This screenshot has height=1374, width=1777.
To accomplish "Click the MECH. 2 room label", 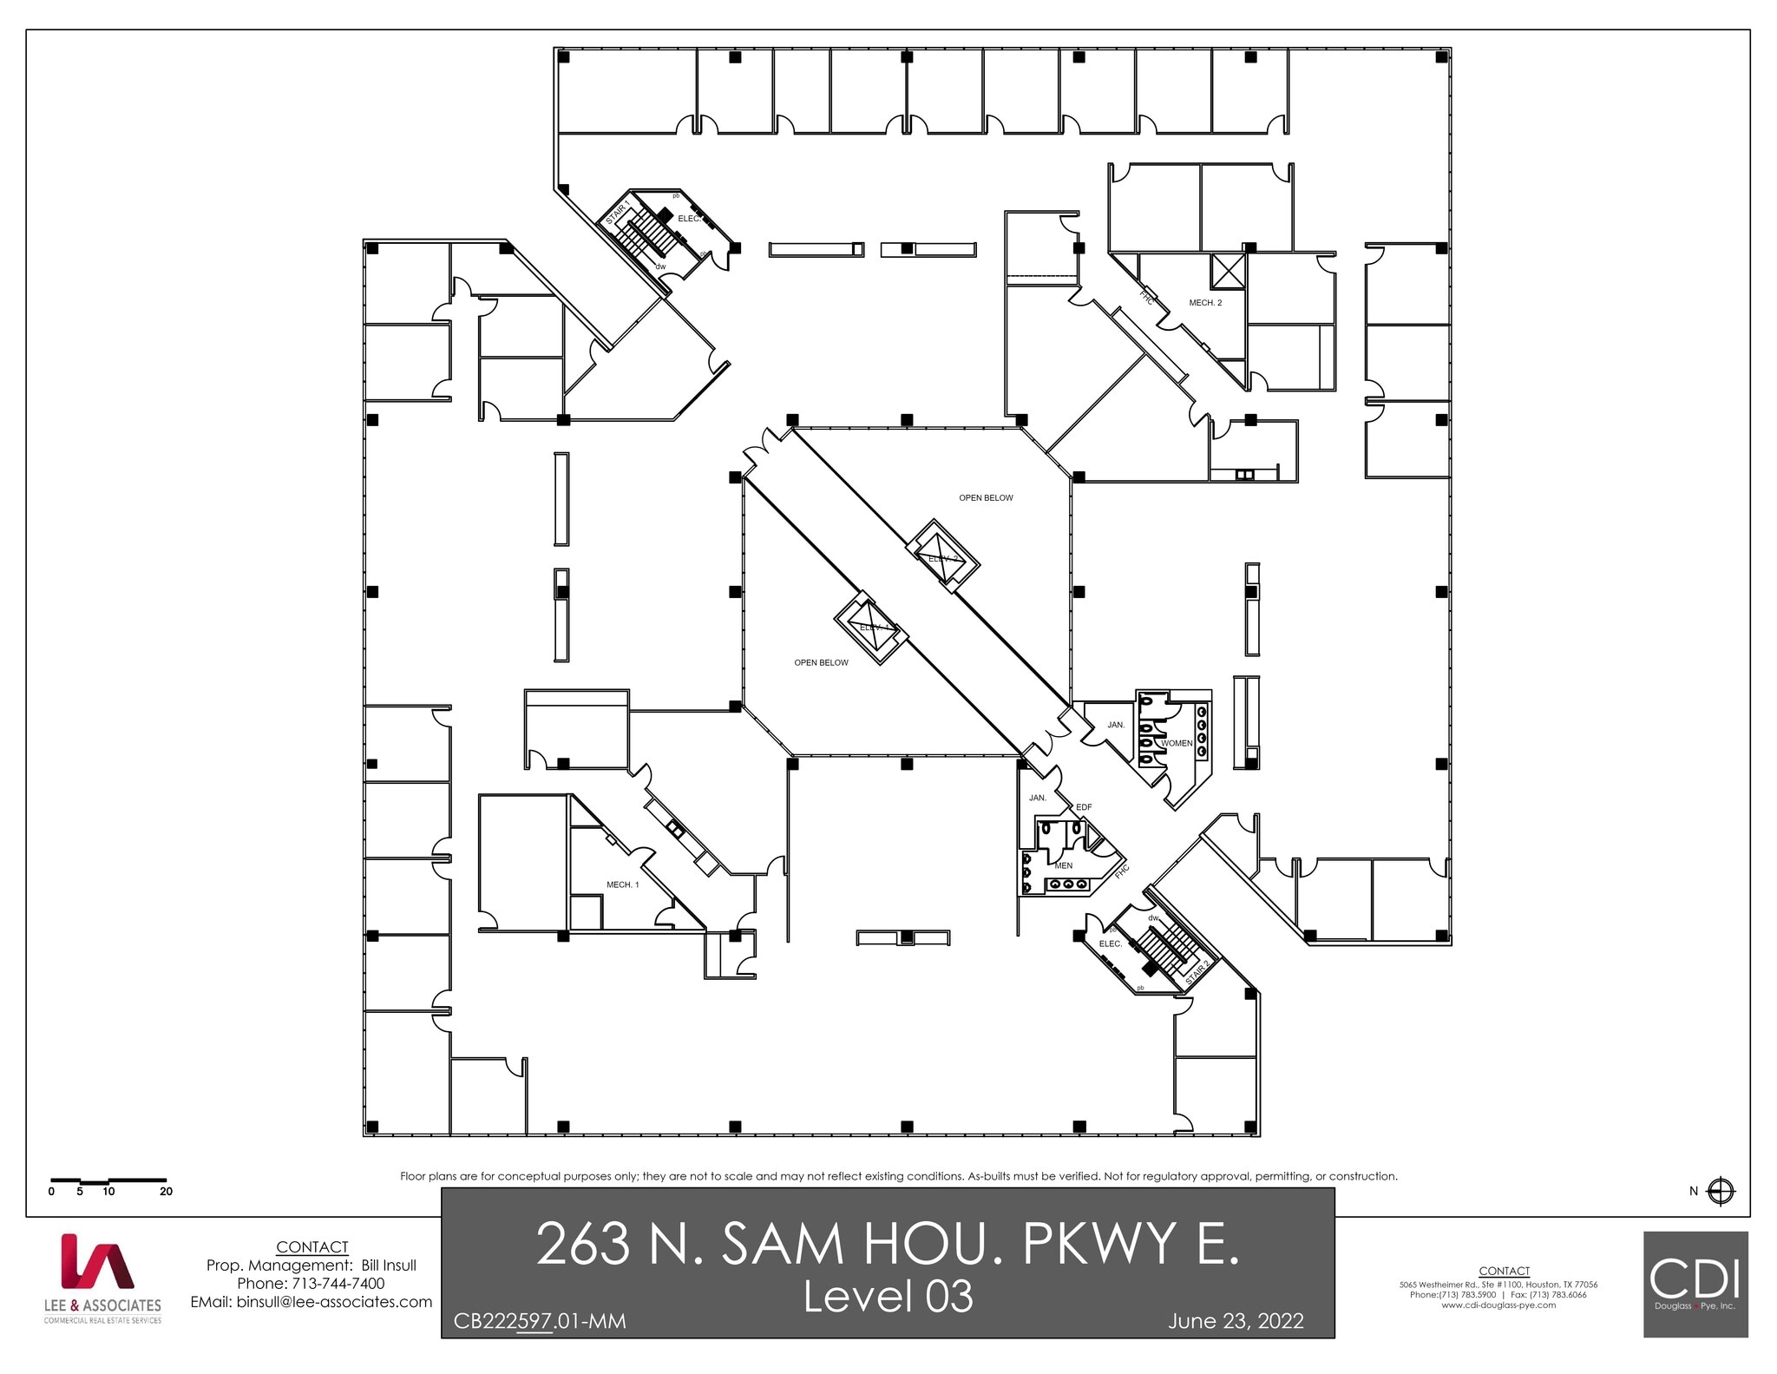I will click(1205, 303).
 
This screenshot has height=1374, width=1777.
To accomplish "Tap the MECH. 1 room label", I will click(622, 884).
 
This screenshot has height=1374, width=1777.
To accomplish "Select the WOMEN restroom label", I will click(1177, 743).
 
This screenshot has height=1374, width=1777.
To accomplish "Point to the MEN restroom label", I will click(1063, 865).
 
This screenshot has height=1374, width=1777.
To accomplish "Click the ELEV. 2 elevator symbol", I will click(943, 556).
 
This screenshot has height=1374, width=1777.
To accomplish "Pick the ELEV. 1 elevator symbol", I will click(870, 626).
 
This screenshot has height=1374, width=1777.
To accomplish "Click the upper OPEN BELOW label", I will click(986, 498).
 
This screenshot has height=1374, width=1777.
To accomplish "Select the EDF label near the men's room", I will click(1084, 807).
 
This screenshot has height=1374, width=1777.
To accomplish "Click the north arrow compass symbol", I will click(1720, 1191).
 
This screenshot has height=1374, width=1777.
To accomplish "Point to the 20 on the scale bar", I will click(166, 1192).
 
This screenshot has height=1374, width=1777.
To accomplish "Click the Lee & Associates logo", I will click(102, 1278).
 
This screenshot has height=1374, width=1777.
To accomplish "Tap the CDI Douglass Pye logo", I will click(1695, 1284).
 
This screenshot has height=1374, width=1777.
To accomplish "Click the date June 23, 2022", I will click(1235, 1321).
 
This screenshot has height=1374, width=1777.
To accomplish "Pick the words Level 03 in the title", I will click(888, 1297).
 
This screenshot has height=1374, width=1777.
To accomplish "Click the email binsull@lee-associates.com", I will click(311, 1302).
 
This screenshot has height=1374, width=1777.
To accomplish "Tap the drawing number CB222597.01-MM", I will click(539, 1321).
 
